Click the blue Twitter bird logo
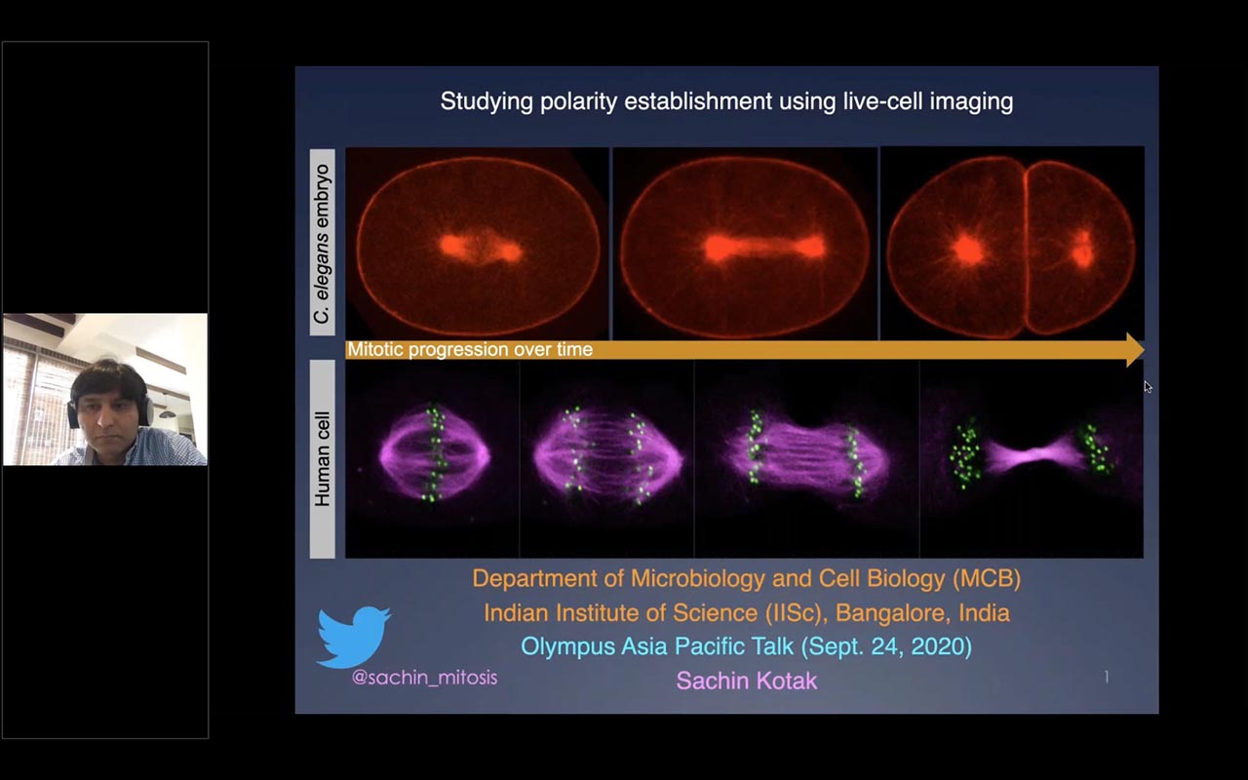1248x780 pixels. (x=353, y=637)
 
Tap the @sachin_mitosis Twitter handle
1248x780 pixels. (x=424, y=678)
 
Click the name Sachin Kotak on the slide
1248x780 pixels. (x=747, y=681)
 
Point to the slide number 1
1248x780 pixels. (x=1107, y=677)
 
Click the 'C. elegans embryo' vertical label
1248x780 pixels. (x=322, y=243)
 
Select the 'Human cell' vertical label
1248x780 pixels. (x=322, y=458)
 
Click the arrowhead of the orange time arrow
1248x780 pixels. (x=1135, y=350)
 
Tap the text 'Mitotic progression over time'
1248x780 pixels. (x=470, y=349)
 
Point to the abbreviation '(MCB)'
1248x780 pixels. (x=987, y=579)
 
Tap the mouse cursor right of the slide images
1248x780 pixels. (x=1149, y=387)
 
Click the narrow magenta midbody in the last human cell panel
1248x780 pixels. (x=1037, y=455)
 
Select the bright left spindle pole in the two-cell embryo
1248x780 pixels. (x=968, y=250)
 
